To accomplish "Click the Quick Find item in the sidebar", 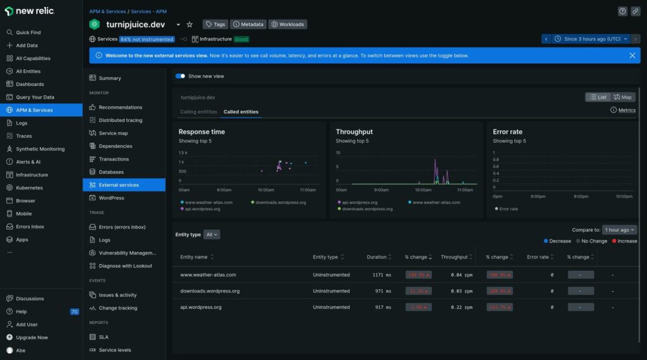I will [28, 32].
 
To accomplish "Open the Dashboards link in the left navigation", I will [30, 84].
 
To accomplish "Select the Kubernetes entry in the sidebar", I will [29, 188].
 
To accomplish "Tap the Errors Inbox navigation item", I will [30, 227].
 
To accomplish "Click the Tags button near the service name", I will [215, 24].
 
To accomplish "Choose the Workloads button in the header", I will [287, 24].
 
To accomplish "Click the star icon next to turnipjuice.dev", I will [190, 25].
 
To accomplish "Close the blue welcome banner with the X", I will [632, 56].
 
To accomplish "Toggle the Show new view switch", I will [180, 76].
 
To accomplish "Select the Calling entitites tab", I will [198, 112].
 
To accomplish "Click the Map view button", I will [622, 97].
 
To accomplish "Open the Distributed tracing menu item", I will [120, 120].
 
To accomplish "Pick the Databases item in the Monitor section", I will [111, 172].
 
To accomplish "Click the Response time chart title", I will [202, 132].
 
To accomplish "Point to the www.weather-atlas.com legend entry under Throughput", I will [437, 202].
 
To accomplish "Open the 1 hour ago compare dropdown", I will [619, 230].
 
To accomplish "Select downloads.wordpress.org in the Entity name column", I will [210, 291].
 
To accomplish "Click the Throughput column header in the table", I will [454, 257].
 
